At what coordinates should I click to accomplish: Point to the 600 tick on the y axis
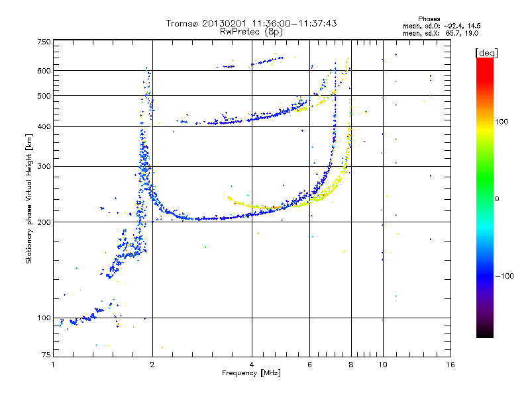tap(44, 70)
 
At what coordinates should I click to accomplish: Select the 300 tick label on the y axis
tap(44, 166)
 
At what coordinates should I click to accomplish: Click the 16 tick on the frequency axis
tap(450, 365)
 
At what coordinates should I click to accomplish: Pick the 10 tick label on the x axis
tap(382, 365)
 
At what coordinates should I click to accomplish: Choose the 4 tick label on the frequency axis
tap(252, 365)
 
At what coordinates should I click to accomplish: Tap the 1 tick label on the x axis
tap(53, 365)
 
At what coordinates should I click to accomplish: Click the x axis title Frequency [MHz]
tap(251, 374)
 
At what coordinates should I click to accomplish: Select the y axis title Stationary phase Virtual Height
tap(29, 198)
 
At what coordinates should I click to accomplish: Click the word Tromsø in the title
tap(183, 23)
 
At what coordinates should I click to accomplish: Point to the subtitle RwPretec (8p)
tap(251, 31)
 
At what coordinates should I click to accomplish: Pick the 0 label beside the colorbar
tap(497, 198)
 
